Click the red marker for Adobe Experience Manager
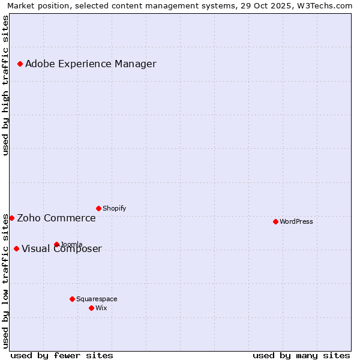(x=20, y=64)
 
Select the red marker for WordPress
(x=275, y=221)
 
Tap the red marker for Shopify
(x=98, y=208)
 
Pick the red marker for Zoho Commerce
(x=11, y=218)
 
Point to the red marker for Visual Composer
(x=16, y=248)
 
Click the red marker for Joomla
(x=56, y=244)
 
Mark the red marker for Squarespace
(x=72, y=299)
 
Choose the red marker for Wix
(x=91, y=308)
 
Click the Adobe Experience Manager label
(x=91, y=64)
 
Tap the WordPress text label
(x=296, y=221)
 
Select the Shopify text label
(x=114, y=208)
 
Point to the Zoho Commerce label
(x=56, y=218)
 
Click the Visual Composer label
(x=62, y=249)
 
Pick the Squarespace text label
(x=97, y=299)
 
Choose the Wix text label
(x=101, y=308)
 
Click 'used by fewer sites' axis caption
(x=62, y=355)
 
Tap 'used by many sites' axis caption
(x=301, y=355)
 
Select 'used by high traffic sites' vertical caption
(x=5, y=85)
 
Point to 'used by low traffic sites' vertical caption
(x=5, y=281)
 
